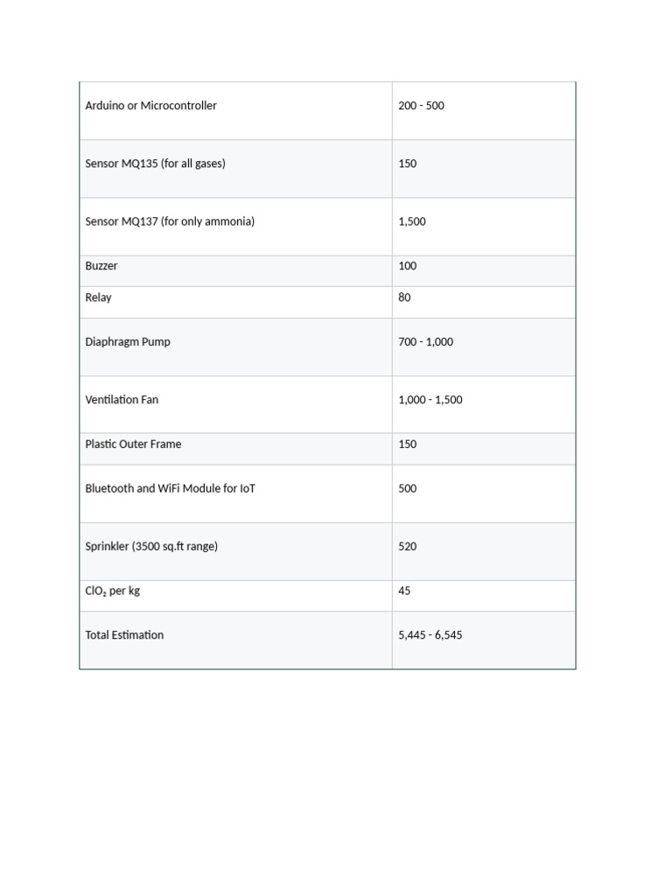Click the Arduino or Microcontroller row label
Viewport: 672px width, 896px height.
point(150,106)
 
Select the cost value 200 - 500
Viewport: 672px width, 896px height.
point(421,106)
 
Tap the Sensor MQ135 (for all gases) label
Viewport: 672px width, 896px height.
point(155,164)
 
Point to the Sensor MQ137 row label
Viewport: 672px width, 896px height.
point(170,221)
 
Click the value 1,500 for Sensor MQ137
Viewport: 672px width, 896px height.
point(412,221)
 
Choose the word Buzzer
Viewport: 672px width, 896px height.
point(101,266)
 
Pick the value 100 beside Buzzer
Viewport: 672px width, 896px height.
point(408,266)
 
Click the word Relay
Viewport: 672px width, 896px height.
point(98,297)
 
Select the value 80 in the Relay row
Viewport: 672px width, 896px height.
point(404,297)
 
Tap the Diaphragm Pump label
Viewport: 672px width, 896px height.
point(128,342)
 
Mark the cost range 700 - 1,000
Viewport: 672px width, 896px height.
point(425,342)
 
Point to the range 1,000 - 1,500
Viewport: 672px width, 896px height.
point(430,400)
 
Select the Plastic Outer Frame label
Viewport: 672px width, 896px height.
point(133,444)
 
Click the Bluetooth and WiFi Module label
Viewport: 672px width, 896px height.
point(171,489)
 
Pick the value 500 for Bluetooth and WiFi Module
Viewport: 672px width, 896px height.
point(408,489)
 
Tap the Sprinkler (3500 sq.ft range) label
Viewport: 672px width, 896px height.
point(151,547)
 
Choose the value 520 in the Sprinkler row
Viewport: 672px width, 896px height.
point(408,547)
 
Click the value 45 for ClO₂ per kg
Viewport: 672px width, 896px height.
point(404,591)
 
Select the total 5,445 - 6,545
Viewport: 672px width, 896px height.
point(430,635)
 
